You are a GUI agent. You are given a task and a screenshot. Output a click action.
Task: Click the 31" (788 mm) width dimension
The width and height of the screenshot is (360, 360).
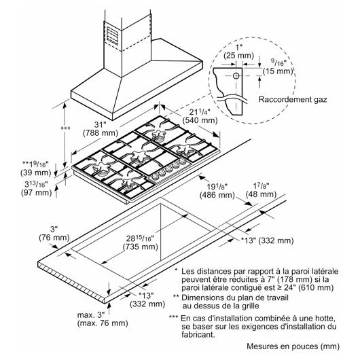click(101, 128)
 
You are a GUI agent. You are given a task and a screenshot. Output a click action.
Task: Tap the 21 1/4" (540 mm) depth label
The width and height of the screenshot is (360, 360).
click(200, 116)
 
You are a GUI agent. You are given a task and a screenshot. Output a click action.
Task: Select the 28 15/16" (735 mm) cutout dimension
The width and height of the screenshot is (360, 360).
click(141, 242)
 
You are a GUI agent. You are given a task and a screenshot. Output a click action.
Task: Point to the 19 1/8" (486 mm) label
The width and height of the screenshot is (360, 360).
click(217, 191)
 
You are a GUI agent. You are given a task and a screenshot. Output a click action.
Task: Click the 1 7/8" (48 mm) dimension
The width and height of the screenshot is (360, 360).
click(261, 190)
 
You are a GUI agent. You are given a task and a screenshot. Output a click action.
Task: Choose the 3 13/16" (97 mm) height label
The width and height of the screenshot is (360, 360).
click(36, 188)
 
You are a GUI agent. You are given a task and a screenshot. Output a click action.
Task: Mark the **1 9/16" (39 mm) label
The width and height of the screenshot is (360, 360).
click(35, 168)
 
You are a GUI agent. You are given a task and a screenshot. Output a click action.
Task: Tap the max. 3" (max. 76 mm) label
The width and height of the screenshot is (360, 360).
click(103, 319)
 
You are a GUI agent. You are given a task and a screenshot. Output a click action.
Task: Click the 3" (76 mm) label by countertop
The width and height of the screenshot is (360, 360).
click(54, 233)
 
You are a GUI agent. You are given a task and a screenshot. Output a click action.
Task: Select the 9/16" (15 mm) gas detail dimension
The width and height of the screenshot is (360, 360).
click(278, 67)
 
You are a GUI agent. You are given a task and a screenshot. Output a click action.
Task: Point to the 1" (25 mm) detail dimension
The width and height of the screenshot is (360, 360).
click(239, 52)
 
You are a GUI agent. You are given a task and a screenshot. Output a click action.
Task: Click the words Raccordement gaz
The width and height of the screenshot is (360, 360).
click(293, 99)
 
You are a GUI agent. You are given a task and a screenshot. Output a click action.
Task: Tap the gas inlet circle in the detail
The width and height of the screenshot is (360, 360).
click(236, 75)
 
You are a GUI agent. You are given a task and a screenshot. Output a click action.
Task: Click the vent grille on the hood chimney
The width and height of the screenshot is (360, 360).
click(113, 35)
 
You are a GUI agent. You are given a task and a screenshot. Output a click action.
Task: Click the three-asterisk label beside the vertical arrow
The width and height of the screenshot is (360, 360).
click(65, 128)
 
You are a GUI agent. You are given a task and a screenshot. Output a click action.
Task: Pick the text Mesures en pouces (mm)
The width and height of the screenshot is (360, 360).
click(293, 346)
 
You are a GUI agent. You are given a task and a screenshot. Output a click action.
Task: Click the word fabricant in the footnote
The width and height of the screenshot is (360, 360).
click(198, 334)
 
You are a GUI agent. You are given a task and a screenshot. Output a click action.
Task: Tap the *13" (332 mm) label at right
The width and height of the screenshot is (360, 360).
click(267, 240)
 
